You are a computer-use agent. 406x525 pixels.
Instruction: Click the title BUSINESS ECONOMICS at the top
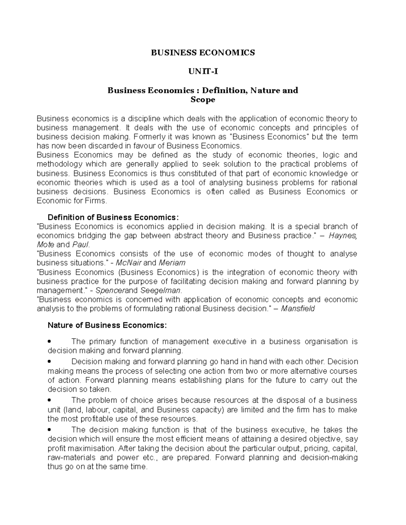point(203,53)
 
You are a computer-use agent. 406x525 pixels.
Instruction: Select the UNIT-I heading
point(203,72)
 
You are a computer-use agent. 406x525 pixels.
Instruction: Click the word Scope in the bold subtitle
point(203,100)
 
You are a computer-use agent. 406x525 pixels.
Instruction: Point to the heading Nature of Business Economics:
point(107,325)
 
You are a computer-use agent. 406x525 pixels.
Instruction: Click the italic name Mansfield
point(298,309)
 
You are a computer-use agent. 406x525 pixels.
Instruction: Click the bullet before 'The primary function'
point(50,342)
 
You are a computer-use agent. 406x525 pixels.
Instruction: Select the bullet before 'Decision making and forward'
point(50,362)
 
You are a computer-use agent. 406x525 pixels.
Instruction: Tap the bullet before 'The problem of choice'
point(50,401)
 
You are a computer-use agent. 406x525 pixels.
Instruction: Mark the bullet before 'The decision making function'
point(50,430)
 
